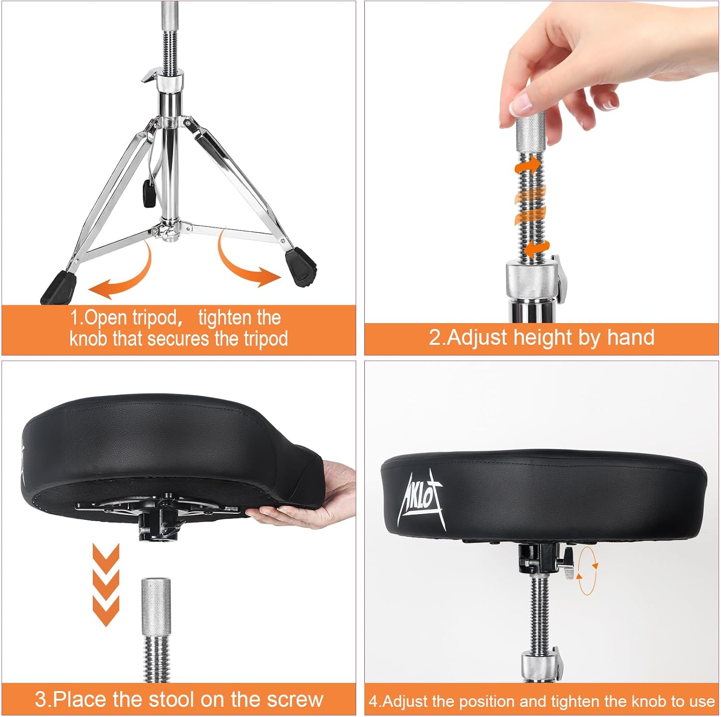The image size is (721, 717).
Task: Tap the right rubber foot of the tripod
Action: pyautogui.click(x=301, y=267)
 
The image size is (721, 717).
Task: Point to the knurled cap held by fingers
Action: pyautogui.click(x=531, y=130)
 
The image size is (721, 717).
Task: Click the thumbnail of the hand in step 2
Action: pyautogui.click(x=522, y=103)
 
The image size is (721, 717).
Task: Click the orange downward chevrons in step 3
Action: pyautogui.click(x=106, y=584)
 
